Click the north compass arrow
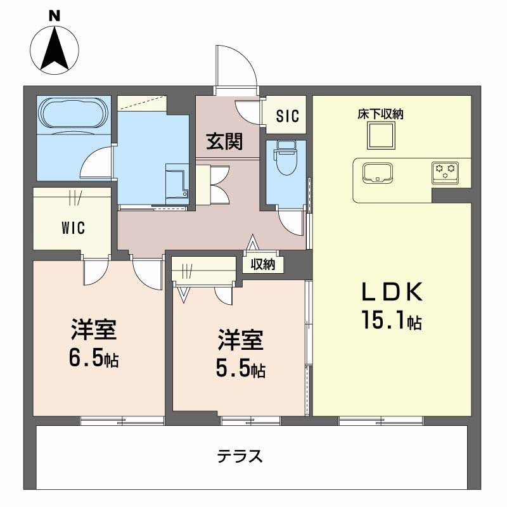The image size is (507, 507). coord(55,47)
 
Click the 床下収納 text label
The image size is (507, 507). coord(381,115)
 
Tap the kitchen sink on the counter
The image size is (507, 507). coord(378,172)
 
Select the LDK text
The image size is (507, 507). coord(391,292)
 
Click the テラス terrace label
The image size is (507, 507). coord(240,456)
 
